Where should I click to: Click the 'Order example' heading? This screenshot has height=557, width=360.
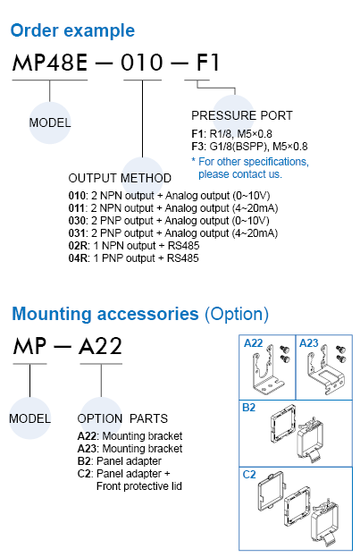pos(72,31)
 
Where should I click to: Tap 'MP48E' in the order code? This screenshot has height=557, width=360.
pos(50,63)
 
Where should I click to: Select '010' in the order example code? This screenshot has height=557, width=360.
pos(142,63)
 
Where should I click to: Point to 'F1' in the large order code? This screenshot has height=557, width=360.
pos(207,63)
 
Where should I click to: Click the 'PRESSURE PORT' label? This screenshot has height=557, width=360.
pos(242,116)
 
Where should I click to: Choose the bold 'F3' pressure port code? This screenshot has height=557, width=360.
pos(198,147)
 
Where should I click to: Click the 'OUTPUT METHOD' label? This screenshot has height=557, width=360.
pos(120,178)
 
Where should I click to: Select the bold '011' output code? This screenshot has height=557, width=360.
pos(76,208)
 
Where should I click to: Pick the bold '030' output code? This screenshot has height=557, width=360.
pos(77,221)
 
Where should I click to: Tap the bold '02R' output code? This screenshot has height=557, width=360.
pos(78,246)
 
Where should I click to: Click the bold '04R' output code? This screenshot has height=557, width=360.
pos(78,258)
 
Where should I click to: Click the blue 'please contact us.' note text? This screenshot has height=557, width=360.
pos(240,174)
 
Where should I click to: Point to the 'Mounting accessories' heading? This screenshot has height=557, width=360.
pos(105,314)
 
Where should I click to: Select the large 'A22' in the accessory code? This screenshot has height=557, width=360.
pos(100,346)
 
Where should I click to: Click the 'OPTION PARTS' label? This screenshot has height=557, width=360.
pos(122,418)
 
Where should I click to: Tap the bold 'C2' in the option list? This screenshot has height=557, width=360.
pos(85,474)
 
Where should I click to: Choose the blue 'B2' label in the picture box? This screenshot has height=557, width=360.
pos(249,408)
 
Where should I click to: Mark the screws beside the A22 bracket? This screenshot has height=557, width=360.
pos(285,354)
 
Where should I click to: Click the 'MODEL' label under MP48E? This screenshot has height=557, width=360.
pos(50,122)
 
